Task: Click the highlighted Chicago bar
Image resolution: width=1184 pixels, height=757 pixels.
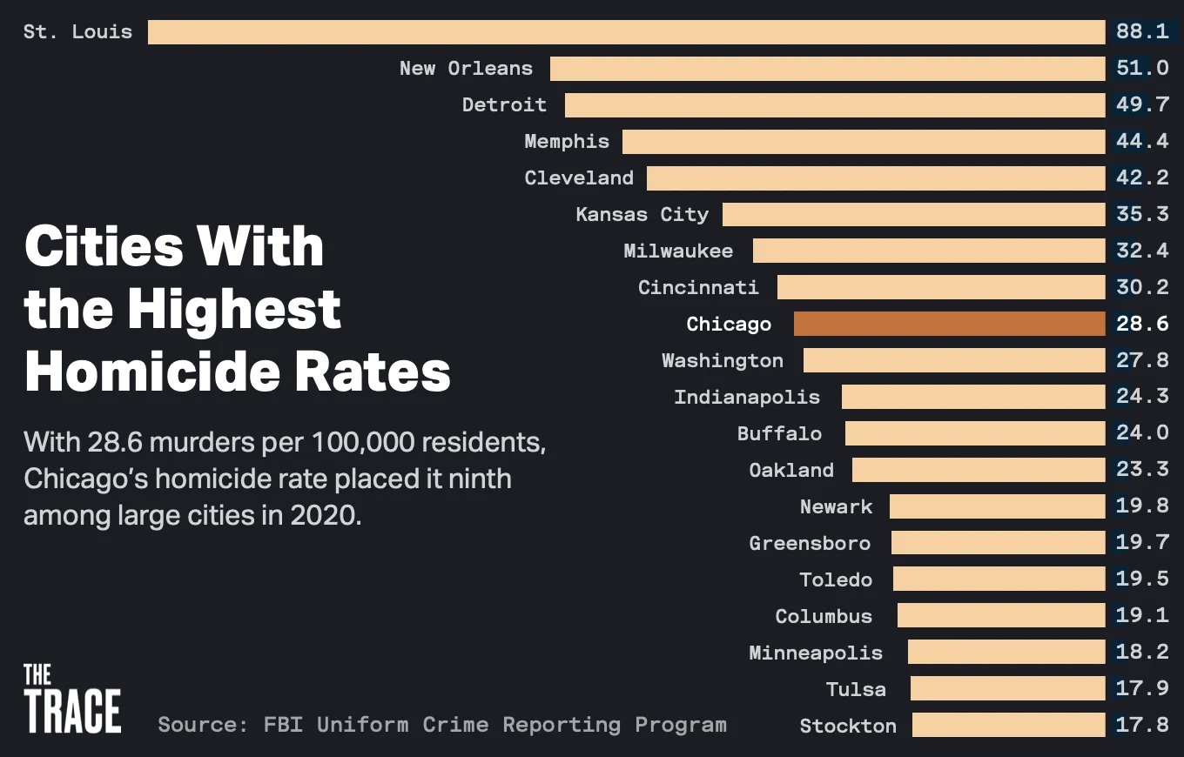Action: [x=949, y=324]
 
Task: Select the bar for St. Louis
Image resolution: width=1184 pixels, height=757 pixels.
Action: [x=626, y=32]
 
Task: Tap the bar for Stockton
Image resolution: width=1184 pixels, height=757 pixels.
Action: [x=1008, y=725]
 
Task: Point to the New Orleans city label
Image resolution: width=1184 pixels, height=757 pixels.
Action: [x=466, y=68]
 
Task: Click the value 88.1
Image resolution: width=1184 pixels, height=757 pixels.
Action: [x=1142, y=32]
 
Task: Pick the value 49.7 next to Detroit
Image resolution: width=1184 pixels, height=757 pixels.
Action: [x=1142, y=105]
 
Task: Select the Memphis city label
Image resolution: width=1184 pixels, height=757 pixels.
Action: [x=567, y=141]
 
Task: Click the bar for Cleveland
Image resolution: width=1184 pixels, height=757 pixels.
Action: [x=876, y=178]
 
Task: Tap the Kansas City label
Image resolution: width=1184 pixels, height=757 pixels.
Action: [x=642, y=214]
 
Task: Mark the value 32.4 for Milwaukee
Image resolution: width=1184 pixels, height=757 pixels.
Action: [x=1142, y=251]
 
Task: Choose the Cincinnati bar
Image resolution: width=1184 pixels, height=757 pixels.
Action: [x=941, y=287]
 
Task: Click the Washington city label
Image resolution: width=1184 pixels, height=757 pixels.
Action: [x=723, y=360]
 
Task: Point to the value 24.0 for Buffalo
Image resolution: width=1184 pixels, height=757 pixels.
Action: [x=1142, y=433]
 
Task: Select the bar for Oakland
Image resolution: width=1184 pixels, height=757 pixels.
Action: [x=979, y=470]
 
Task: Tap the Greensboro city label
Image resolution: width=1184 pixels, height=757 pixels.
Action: [x=810, y=543]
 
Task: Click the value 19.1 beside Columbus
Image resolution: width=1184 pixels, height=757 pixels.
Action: [x=1142, y=616]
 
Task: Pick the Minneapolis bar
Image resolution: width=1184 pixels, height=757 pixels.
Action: [x=1006, y=652]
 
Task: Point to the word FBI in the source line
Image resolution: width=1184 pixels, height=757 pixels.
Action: [x=283, y=725]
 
